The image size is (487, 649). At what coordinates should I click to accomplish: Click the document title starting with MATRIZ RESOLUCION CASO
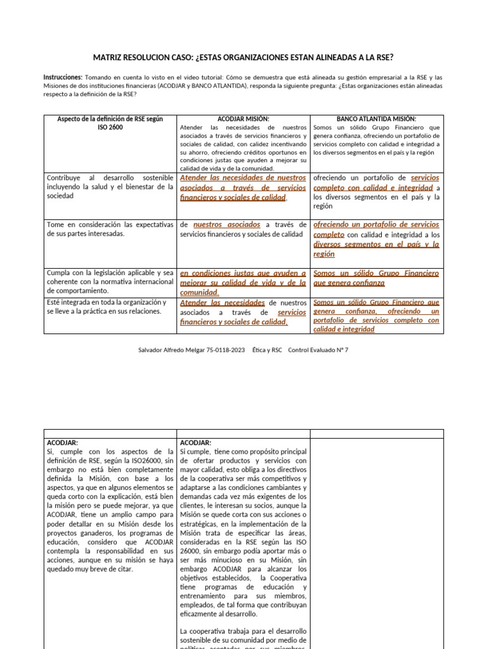click(243, 58)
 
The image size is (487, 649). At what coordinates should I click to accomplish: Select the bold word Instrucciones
click(63, 76)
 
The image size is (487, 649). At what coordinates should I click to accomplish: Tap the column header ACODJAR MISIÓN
click(243, 119)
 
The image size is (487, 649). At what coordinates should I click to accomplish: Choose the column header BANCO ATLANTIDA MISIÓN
click(376, 119)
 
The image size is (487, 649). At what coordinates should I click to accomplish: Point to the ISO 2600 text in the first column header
click(110, 127)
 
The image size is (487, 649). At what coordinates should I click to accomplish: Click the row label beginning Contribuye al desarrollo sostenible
click(109, 187)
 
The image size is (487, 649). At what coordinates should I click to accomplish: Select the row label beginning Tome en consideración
click(109, 229)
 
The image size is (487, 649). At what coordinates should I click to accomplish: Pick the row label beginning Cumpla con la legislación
click(109, 281)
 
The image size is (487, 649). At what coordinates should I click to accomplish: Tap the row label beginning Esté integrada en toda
click(109, 307)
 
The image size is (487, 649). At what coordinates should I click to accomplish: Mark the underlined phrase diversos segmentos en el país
click(377, 245)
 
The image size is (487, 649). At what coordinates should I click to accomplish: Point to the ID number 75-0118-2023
click(229, 350)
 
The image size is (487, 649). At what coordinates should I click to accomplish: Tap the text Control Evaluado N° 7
click(318, 350)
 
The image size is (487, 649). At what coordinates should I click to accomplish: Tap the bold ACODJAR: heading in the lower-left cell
click(63, 442)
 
